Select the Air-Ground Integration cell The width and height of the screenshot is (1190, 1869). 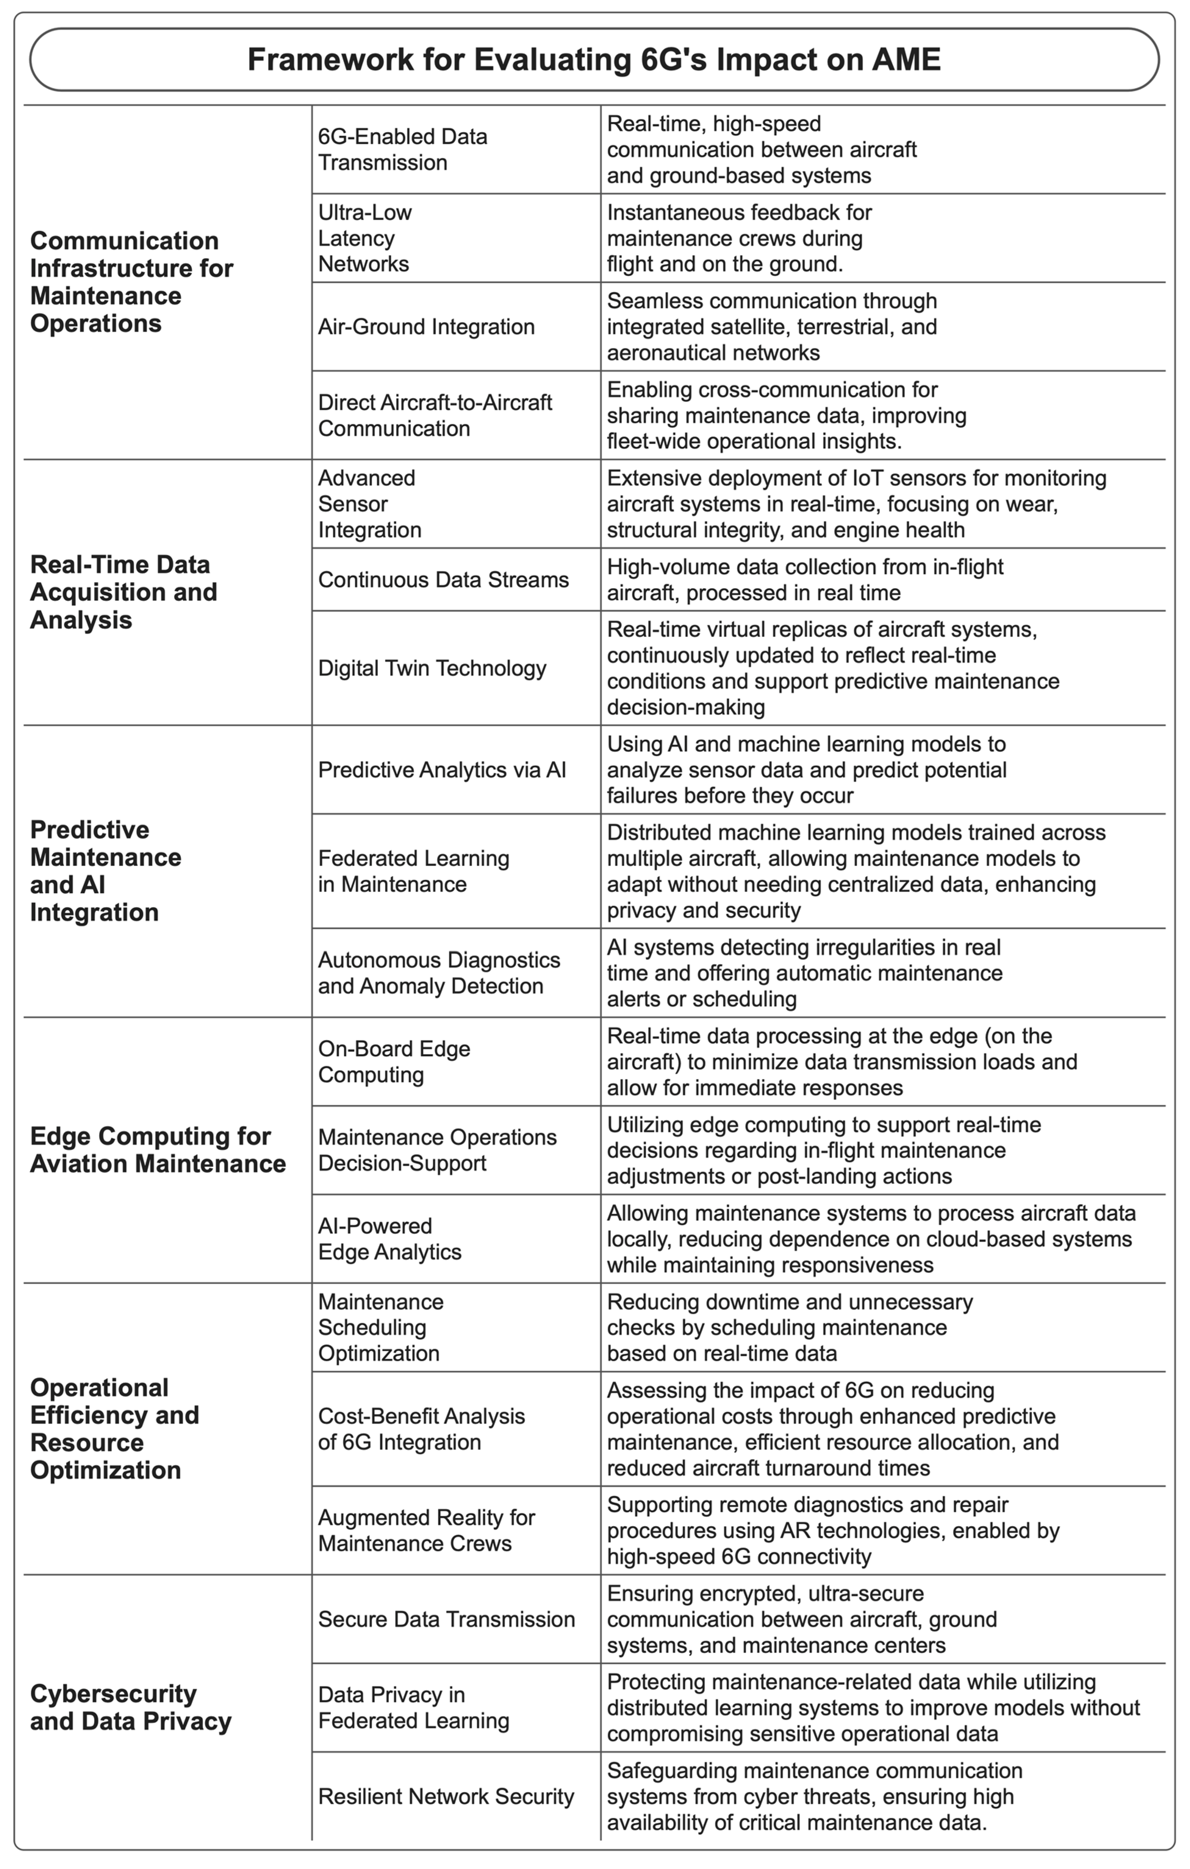(426, 327)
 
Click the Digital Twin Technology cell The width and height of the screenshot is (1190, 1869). (432, 668)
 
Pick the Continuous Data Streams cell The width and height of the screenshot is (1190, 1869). (443, 580)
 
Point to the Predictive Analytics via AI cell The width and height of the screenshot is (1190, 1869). (442, 770)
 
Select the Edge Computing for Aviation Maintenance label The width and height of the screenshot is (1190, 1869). (158, 1150)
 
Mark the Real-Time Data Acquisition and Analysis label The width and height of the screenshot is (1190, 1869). (123, 592)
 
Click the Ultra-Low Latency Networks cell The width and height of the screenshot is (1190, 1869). (365, 238)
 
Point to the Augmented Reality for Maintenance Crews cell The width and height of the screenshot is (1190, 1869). (426, 1531)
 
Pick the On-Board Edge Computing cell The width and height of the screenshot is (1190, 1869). (393, 1062)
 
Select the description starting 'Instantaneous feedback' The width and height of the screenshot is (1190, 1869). (739, 238)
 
